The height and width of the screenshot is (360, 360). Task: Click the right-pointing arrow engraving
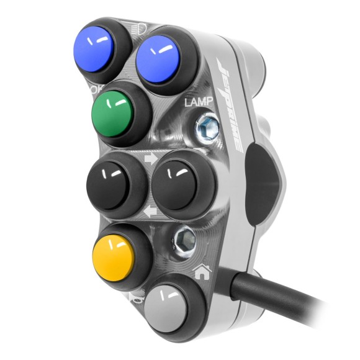point(150,159)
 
